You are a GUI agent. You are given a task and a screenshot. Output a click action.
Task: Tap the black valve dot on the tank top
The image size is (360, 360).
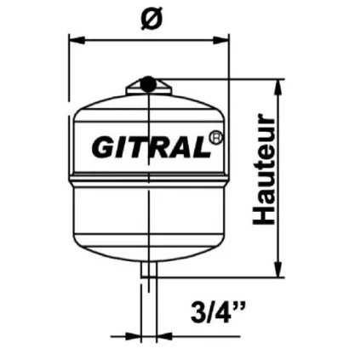[147, 83]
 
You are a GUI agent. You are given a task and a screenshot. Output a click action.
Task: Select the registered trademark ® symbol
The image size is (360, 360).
[216, 134]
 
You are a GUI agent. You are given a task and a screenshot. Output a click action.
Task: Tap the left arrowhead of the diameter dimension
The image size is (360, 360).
[73, 38]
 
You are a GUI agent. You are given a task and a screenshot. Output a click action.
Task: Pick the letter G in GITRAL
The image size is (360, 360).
[102, 148]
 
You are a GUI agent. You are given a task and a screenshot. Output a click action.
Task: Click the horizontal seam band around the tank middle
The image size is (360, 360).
[148, 181]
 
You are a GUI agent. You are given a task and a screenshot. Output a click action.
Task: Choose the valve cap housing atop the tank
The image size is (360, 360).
[147, 87]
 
